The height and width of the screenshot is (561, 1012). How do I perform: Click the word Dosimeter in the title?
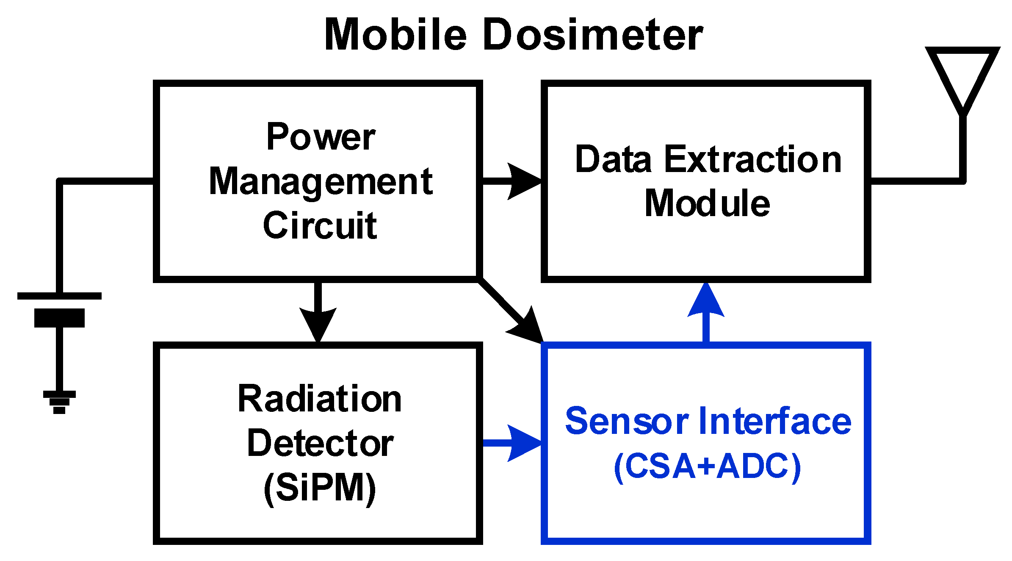(x=592, y=35)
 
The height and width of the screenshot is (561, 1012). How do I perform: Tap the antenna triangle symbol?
(x=962, y=76)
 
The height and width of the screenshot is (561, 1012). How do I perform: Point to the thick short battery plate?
(x=59, y=318)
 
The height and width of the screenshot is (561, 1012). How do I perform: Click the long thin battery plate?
(x=59, y=296)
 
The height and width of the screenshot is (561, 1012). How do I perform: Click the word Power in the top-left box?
(x=321, y=137)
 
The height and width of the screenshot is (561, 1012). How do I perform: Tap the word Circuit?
(x=320, y=225)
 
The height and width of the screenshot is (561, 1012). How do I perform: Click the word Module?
(x=707, y=204)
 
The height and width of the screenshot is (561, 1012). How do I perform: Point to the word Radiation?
(x=320, y=399)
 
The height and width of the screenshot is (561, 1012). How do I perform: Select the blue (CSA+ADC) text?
(x=707, y=467)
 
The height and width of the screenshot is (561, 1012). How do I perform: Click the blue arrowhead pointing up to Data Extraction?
(x=706, y=302)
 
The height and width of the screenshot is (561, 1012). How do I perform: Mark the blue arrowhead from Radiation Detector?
(x=523, y=443)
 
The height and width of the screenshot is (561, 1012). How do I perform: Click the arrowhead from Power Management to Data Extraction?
(x=523, y=181)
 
